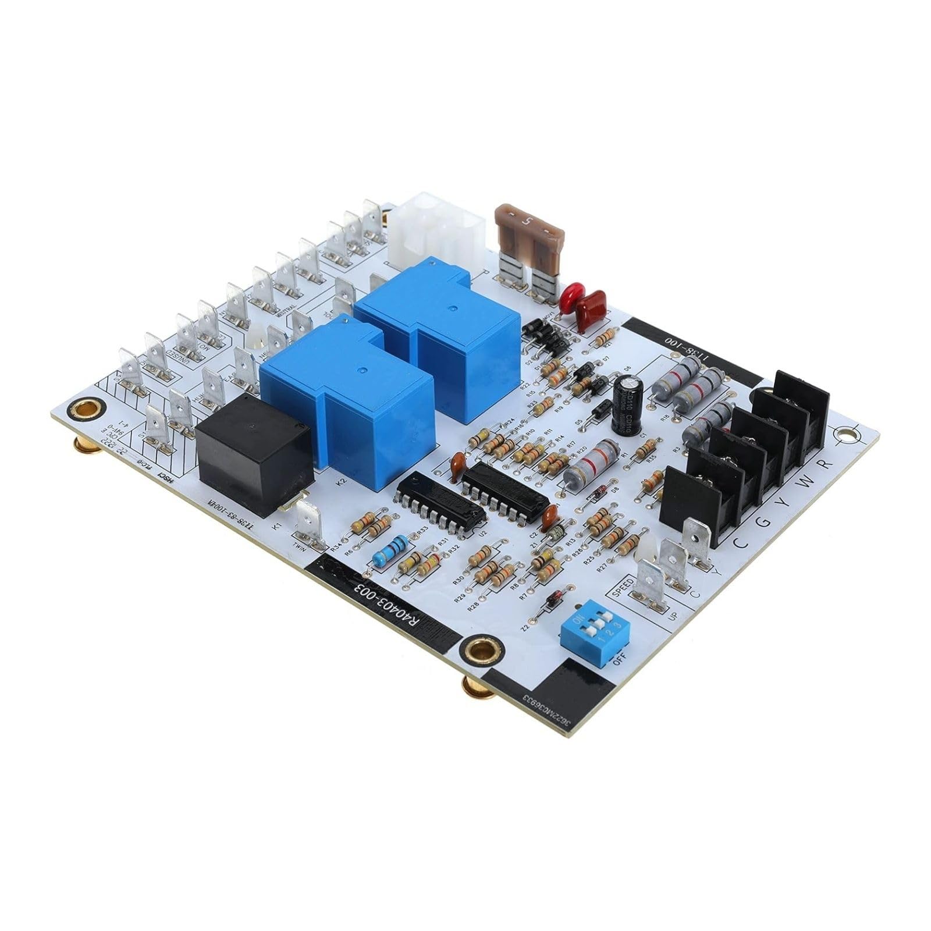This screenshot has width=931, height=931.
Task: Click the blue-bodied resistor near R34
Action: point(389,550)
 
